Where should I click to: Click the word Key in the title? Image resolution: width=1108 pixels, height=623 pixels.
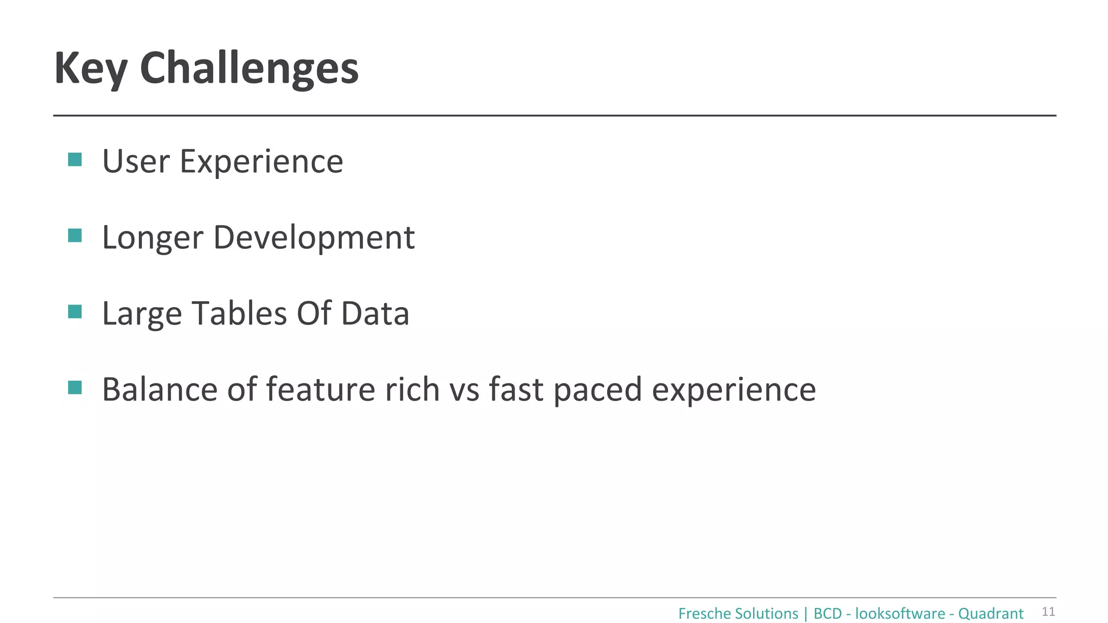(x=91, y=69)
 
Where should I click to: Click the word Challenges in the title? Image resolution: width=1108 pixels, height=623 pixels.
(x=249, y=69)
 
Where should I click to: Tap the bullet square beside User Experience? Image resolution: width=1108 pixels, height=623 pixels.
(x=75, y=160)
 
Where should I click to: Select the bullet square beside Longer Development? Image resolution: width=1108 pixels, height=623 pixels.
(x=75, y=236)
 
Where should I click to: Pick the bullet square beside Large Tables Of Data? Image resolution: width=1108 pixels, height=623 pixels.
(x=75, y=311)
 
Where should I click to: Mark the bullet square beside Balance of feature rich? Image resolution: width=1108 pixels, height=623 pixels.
(x=75, y=388)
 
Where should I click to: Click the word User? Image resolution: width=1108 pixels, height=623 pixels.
(x=136, y=162)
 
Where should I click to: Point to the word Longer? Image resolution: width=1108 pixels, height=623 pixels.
(x=153, y=238)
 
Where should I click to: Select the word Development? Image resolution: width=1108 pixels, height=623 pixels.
(x=314, y=237)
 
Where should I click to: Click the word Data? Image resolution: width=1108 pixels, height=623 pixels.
(x=375, y=314)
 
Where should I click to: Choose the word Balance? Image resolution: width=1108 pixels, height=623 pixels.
(x=160, y=389)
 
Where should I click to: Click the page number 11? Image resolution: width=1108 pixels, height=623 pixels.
(x=1048, y=612)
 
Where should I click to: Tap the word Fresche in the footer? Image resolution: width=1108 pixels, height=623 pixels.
(x=701, y=614)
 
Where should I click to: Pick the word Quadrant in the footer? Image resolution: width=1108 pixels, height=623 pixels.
(x=991, y=614)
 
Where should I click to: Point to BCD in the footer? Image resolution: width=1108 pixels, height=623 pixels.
(x=827, y=614)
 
